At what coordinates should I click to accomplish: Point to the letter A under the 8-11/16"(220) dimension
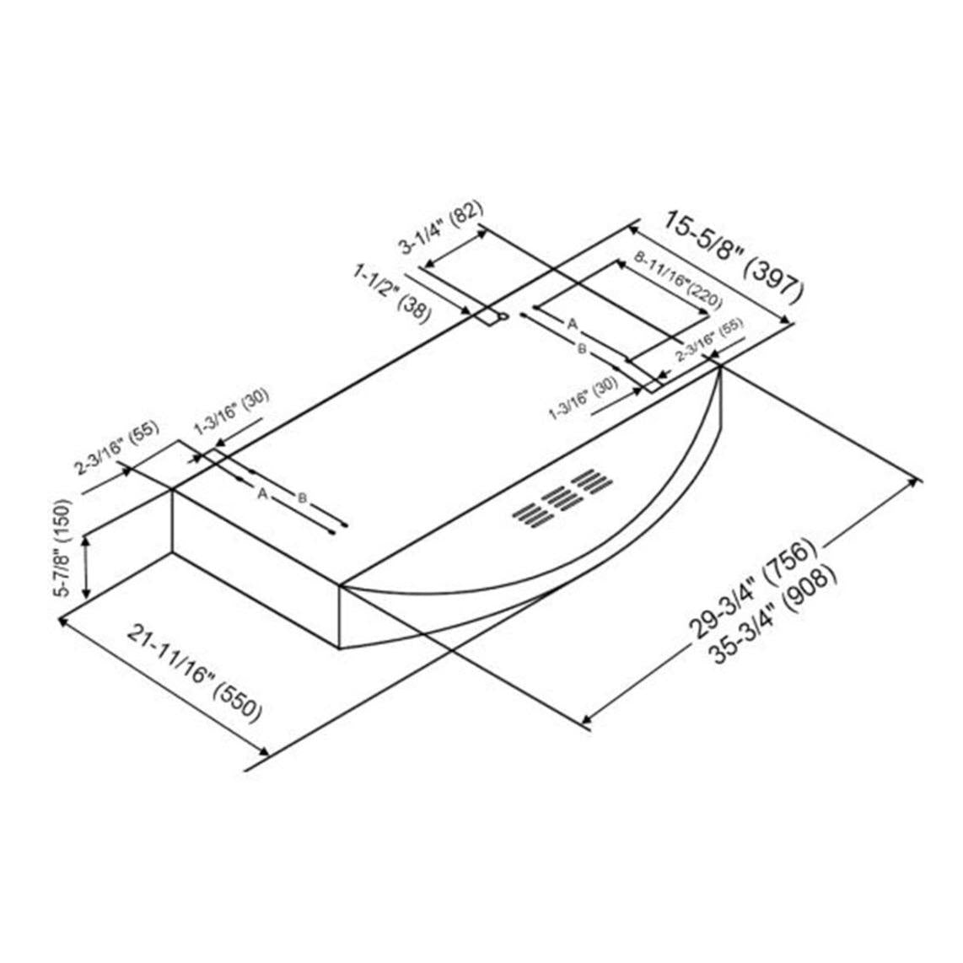point(572,324)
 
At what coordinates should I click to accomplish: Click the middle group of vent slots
point(558,497)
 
